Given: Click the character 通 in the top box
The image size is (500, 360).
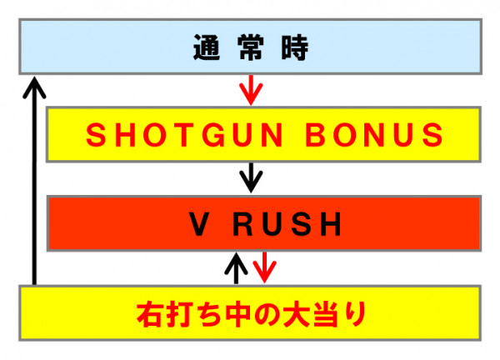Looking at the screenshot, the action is click(x=207, y=47).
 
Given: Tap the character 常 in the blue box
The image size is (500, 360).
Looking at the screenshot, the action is click(x=251, y=47).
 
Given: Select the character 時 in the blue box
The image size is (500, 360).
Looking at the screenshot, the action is click(x=295, y=47).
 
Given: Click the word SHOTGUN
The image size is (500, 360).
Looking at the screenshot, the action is click(x=184, y=135).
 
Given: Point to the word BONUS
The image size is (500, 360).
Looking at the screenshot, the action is click(x=374, y=135).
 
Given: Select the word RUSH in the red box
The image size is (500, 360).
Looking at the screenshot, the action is click(x=287, y=224).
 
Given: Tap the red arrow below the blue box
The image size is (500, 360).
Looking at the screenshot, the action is click(x=251, y=90).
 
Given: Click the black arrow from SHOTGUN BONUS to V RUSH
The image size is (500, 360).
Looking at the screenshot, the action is click(x=251, y=178).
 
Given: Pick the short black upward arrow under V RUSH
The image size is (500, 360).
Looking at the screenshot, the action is click(x=236, y=268).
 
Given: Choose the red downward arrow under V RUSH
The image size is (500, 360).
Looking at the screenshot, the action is click(x=264, y=267).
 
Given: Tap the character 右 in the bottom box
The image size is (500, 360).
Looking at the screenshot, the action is click(x=149, y=314).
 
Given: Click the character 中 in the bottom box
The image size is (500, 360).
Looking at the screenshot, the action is click(x=237, y=314).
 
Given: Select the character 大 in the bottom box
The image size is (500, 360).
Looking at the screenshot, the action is click(x=296, y=314).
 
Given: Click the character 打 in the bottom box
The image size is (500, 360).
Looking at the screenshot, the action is click(x=178, y=314).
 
